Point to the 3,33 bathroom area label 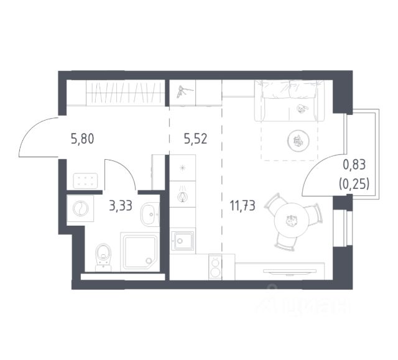[120, 206]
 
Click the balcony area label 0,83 [354, 165]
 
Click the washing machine [81, 208]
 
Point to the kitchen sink [183, 241]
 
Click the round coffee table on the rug [298, 141]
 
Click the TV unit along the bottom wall [292, 272]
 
